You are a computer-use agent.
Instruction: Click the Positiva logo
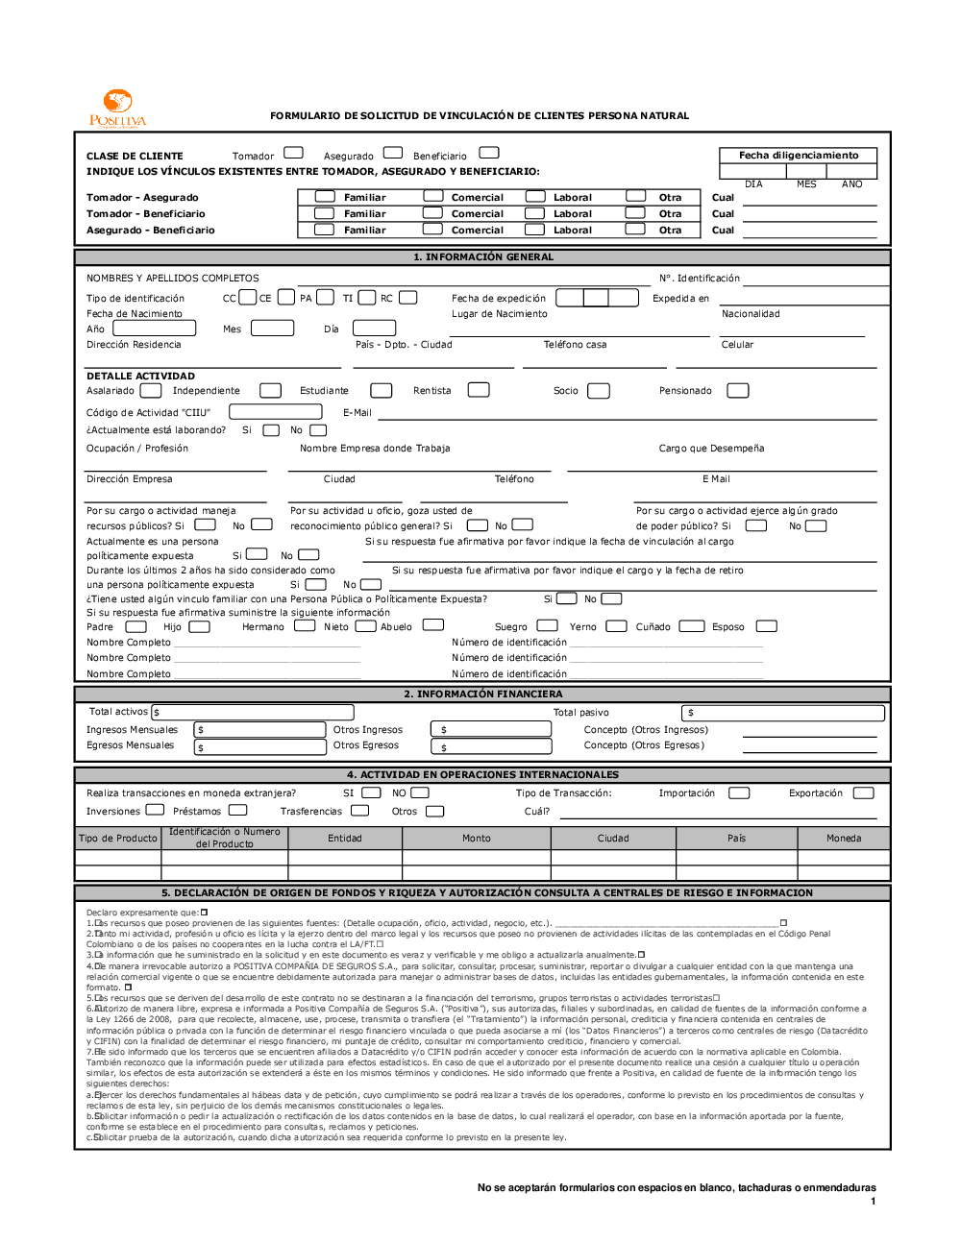pyautogui.click(x=117, y=108)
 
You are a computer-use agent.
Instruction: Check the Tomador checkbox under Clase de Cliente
pyautogui.click(x=294, y=153)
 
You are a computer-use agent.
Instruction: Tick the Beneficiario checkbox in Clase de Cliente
pyautogui.click(x=489, y=153)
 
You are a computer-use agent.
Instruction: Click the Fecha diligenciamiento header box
pyautogui.click(x=799, y=156)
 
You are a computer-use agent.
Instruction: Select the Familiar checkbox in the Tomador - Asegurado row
pyautogui.click(x=325, y=197)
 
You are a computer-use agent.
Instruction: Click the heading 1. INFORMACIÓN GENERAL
pyautogui.click(x=482, y=257)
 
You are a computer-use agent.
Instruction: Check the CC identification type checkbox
pyautogui.click(x=248, y=298)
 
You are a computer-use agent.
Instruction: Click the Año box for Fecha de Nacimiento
pyautogui.click(x=155, y=329)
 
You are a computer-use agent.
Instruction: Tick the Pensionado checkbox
pyautogui.click(x=737, y=390)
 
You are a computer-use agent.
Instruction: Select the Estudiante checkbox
pyautogui.click(x=382, y=390)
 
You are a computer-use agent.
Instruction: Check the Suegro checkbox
pyautogui.click(x=548, y=625)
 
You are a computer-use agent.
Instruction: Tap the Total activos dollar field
pyautogui.click(x=253, y=713)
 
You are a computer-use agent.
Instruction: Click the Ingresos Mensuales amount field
pyautogui.click(x=260, y=730)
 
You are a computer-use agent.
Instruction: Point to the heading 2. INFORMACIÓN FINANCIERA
pyautogui.click(x=482, y=694)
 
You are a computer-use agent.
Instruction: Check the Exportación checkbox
pyautogui.click(x=863, y=793)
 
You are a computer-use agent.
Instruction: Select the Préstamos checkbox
pyautogui.click(x=238, y=811)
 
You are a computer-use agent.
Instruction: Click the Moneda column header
pyautogui.click(x=843, y=839)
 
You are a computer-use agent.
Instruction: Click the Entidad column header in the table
pyautogui.click(x=345, y=839)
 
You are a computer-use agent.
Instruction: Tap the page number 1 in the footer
pyautogui.click(x=873, y=1201)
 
